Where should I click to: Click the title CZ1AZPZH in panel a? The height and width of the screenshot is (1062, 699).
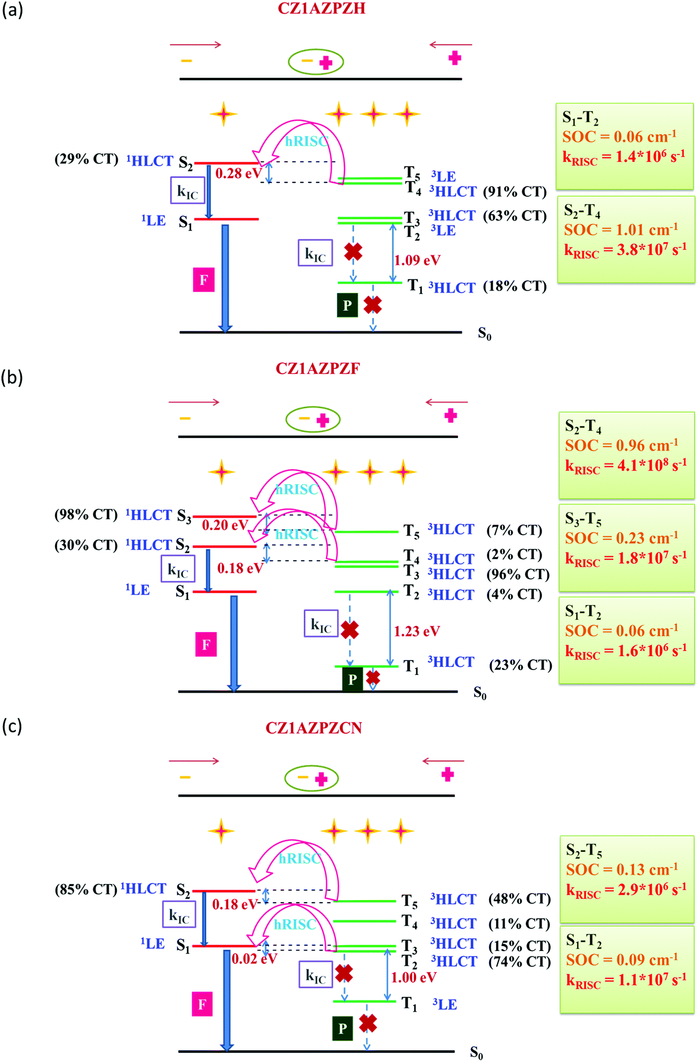click(321, 9)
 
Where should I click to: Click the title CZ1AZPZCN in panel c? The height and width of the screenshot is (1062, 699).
click(314, 727)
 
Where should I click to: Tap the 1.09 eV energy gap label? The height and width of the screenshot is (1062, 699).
click(417, 260)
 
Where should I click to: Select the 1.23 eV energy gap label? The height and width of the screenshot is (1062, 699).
click(417, 631)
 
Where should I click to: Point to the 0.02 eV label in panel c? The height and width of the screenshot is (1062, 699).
click(254, 959)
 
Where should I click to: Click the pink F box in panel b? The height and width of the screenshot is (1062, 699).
click(206, 644)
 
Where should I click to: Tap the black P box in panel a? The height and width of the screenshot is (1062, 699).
click(347, 305)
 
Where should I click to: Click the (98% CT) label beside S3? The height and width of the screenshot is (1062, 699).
click(86, 514)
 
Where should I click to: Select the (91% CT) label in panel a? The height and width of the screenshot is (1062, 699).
click(514, 191)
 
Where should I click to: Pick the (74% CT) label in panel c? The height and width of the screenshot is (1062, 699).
click(519, 962)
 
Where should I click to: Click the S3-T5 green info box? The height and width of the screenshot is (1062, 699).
click(626, 547)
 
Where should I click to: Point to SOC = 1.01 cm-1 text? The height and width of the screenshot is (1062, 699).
click(620, 230)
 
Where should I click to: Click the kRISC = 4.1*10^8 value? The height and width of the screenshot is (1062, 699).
click(626, 465)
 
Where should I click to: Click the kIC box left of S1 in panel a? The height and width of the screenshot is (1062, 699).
click(187, 190)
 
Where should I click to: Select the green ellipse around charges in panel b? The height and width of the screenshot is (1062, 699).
click(313, 419)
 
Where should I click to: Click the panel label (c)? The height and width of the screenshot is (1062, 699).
click(12, 726)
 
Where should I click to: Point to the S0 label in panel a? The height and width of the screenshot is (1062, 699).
click(484, 334)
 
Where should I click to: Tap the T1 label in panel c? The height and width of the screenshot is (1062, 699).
click(409, 1004)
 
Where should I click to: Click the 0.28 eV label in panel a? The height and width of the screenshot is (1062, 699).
click(238, 173)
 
